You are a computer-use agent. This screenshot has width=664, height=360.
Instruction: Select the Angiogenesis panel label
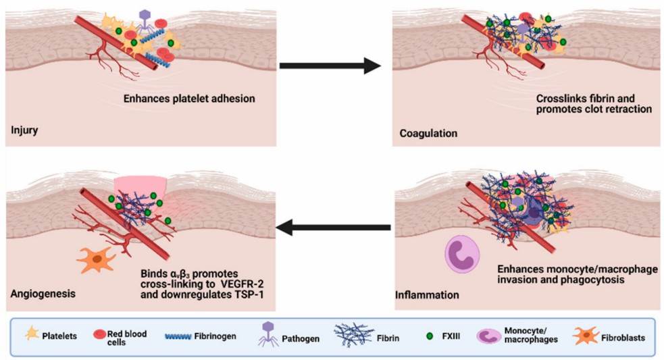click(x=42, y=294)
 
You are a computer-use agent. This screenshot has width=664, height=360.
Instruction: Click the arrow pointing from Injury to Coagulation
click(x=330, y=66)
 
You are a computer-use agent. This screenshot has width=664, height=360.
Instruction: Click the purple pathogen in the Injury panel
click(x=145, y=20)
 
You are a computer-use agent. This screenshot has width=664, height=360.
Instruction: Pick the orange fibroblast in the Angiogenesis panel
click(x=96, y=259)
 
